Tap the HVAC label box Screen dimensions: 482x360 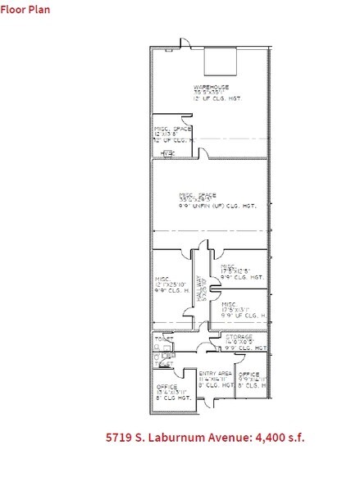point(169,153)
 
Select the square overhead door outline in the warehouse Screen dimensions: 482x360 point(220,61)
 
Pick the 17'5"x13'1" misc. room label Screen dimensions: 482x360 point(241,309)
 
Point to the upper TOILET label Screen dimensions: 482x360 point(163,339)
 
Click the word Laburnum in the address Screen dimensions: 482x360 point(188,437)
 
